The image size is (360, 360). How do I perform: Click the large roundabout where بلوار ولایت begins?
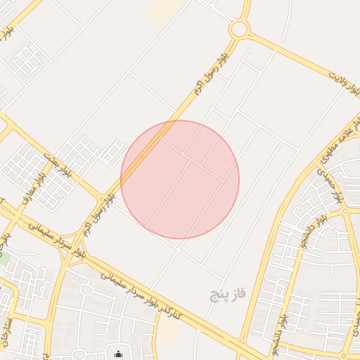coord(239,30)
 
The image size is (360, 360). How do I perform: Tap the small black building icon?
coord(118,354)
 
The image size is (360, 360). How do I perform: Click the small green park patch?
coord(3,257)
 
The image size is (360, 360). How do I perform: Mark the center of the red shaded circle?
coord(180,179)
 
